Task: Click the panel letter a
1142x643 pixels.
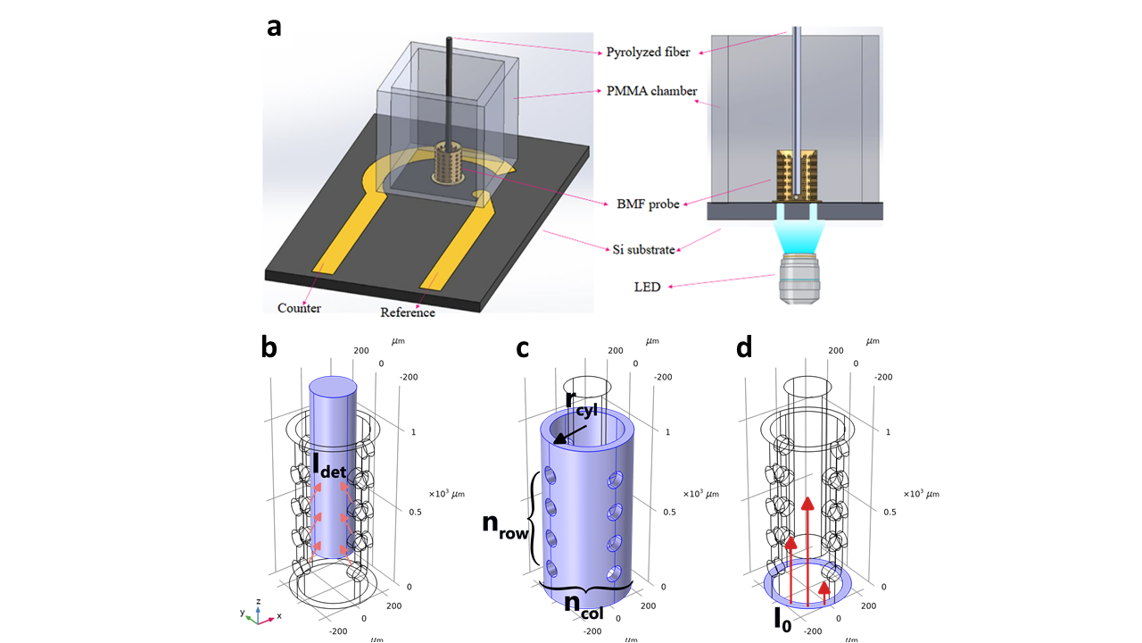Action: click(275, 27)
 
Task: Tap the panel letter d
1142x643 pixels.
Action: click(744, 348)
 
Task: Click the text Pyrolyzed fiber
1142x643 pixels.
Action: click(647, 53)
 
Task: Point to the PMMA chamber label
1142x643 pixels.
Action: click(646, 91)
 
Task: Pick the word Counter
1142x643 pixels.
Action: click(299, 308)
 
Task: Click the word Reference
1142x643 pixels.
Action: click(408, 313)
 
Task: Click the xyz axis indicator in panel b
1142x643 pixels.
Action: click(255, 615)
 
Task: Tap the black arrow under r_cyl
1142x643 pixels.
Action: click(561, 433)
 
